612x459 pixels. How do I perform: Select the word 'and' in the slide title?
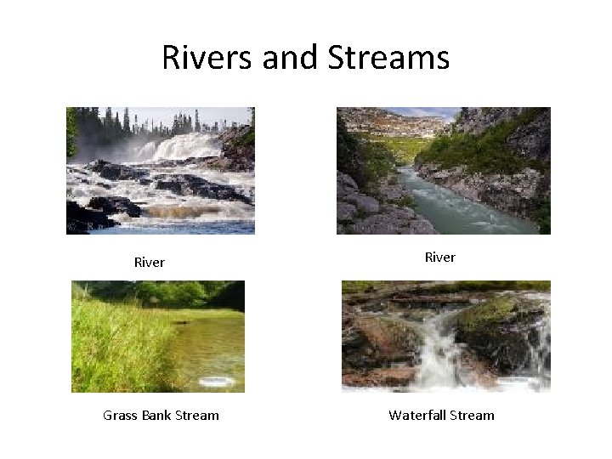click(x=288, y=58)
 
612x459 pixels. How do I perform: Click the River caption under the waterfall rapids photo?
click(x=150, y=263)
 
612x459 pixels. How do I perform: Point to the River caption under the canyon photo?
click(x=440, y=258)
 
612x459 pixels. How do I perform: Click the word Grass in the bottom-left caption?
click(x=121, y=416)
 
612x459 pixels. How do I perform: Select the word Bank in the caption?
click(x=159, y=416)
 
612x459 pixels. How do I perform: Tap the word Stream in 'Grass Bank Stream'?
click(x=199, y=416)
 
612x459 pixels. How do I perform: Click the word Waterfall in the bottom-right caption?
click(x=419, y=416)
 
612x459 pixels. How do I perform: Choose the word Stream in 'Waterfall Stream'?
click(x=473, y=416)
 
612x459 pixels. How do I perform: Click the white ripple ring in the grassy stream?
click(x=216, y=381)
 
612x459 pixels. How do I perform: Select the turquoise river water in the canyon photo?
click(x=459, y=204)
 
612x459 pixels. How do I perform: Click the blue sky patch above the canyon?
click(x=425, y=111)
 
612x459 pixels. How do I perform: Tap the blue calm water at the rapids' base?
click(x=195, y=227)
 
